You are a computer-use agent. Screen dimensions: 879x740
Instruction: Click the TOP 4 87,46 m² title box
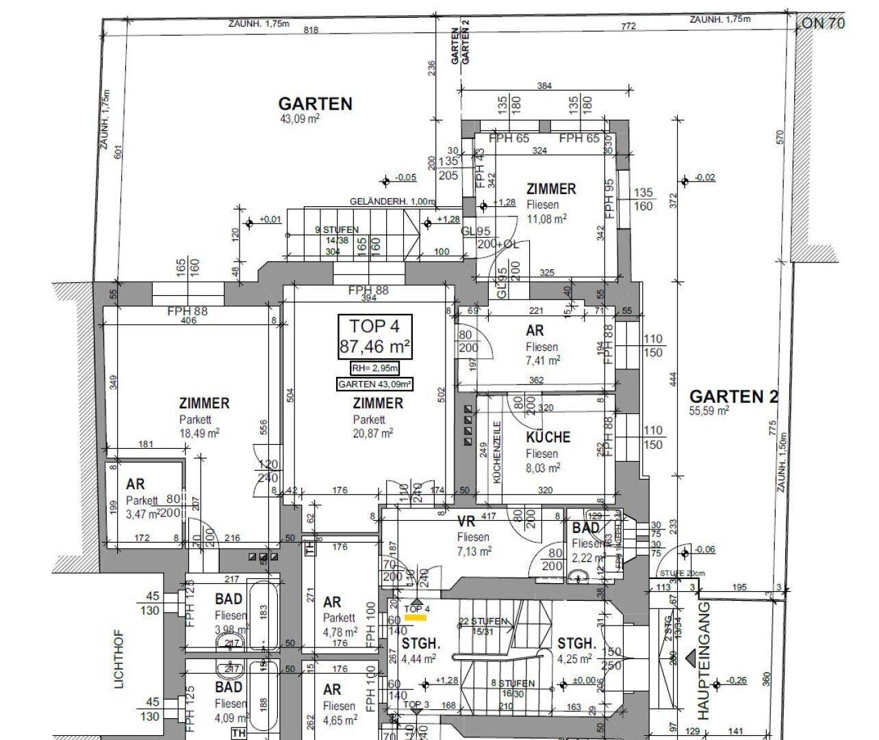click(374, 336)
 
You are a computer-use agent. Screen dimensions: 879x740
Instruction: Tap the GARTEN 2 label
click(733, 397)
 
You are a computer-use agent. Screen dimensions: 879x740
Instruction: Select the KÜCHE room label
click(548, 437)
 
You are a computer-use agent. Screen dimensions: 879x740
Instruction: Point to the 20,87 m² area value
click(373, 433)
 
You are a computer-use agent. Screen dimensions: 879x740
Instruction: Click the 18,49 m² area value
click(199, 433)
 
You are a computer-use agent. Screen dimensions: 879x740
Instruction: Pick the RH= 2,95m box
click(374, 367)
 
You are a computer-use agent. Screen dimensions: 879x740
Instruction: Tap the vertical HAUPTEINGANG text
click(704, 659)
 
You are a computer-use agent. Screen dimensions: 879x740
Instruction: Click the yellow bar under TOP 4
click(416, 617)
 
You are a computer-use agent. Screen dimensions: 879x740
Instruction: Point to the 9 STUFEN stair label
click(327, 230)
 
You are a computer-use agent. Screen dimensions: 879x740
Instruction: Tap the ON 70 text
click(823, 23)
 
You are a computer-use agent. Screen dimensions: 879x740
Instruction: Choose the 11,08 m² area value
click(546, 219)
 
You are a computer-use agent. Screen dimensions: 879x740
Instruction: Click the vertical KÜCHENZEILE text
click(498, 452)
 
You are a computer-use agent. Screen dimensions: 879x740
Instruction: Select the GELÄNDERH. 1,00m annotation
click(392, 201)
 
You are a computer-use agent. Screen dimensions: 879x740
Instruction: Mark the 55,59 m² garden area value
click(710, 410)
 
